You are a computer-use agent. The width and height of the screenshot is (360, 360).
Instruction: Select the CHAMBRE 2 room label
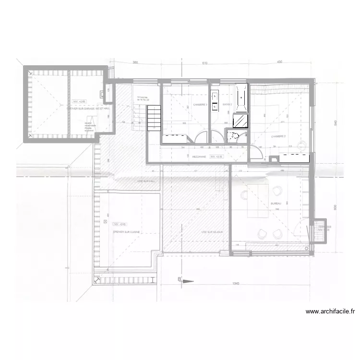(278, 136)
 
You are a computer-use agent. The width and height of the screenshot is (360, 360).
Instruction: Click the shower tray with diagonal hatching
(240, 120)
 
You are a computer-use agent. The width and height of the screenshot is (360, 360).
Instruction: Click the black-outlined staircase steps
(154, 118)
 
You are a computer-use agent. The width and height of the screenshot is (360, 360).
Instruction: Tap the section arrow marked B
(185, 280)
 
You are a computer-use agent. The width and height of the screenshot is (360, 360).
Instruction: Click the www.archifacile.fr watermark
(330, 311)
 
